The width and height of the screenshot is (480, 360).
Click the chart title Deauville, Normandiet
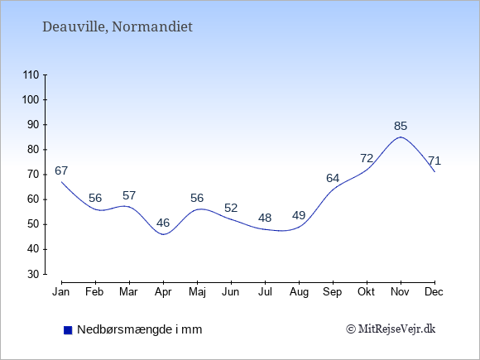click(118, 27)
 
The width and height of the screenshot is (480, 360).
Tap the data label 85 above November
click(401, 126)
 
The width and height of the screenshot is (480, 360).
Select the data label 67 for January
click(61, 170)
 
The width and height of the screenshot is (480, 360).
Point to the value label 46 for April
click(163, 223)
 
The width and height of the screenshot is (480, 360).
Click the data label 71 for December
click(434, 161)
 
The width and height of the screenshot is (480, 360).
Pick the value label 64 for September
click(333, 178)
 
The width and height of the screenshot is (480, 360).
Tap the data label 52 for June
click(231, 208)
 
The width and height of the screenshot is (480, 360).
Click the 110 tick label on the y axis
click(31, 74)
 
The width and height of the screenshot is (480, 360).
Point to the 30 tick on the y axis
click(33, 274)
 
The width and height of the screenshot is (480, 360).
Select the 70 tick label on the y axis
click(33, 175)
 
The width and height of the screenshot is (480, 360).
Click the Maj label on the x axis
click(197, 292)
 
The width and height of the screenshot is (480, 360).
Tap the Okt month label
click(366, 292)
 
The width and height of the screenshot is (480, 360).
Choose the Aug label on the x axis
click(299, 292)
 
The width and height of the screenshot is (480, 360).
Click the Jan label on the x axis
click(61, 292)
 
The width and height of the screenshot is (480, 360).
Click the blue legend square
click(68, 330)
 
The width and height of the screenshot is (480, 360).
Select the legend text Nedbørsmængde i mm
click(140, 329)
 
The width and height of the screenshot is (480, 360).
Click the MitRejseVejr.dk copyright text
click(391, 329)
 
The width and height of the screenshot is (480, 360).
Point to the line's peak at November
click(401, 137)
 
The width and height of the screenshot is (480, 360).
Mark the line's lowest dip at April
click(163, 234)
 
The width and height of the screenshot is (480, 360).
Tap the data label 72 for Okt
click(367, 158)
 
